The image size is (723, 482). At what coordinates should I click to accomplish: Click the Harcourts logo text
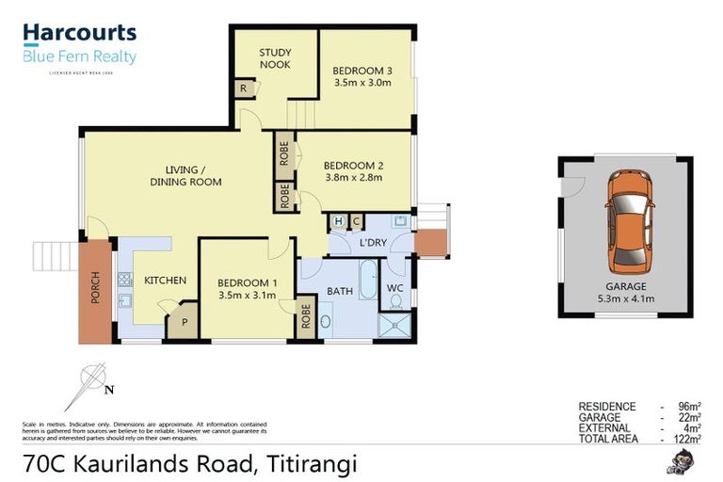coord(79,34)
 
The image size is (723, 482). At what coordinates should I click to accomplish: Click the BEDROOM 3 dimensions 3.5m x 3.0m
coord(361,83)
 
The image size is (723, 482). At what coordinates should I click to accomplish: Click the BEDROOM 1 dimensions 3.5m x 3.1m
coord(247,295)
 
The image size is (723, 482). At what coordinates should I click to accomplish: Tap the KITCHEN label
coord(165,281)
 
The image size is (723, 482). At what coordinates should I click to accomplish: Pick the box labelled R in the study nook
coord(244,89)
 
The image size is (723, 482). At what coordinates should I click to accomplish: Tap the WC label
coord(395,288)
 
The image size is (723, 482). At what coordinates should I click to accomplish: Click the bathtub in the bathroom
coord(368,280)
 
